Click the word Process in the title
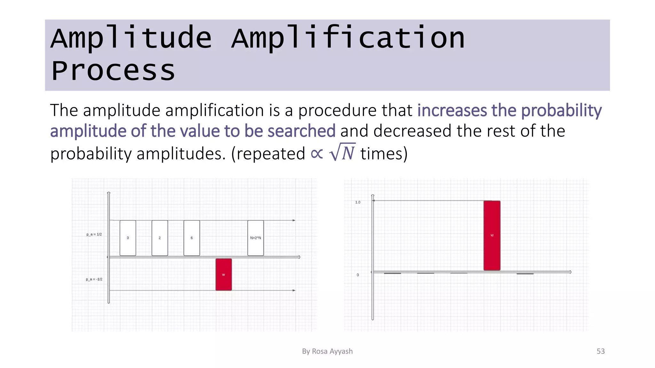[113, 71]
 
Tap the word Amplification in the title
[348, 38]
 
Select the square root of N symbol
[343, 152]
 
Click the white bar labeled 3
[128, 238]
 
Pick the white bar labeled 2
[160, 238]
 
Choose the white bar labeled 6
[192, 238]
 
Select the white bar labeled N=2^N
[256, 238]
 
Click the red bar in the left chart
[224, 274]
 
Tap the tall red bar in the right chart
[492, 235]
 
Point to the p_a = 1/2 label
[94, 234]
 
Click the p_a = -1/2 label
[94, 279]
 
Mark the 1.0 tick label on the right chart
[358, 202]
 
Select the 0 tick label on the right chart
[358, 275]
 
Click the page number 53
[600, 351]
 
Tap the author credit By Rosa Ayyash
[327, 351]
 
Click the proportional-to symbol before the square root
[317, 154]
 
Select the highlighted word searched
[301, 131]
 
